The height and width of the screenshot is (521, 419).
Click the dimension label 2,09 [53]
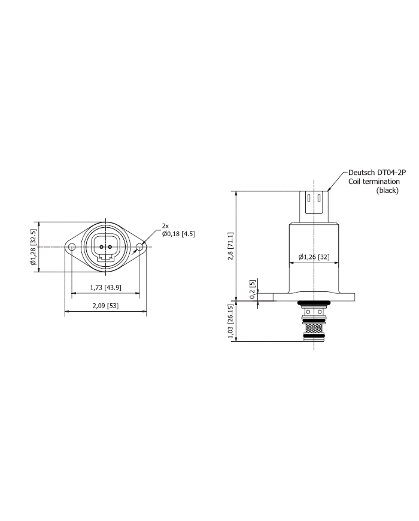coord(105,306)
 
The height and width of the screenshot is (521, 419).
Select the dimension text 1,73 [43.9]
coord(105,288)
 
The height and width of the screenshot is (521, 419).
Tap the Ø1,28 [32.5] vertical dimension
coord(32,247)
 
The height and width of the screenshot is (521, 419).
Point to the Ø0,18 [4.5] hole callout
coord(178,234)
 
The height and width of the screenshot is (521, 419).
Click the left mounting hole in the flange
coord(72,247)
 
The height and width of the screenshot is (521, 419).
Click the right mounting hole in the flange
coord(139,247)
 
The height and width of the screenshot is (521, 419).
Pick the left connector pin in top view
coord(102,247)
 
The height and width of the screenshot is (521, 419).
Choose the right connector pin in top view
coord(110,247)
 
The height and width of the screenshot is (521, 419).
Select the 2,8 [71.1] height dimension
coord(230,246)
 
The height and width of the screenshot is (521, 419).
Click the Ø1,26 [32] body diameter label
coord(314,257)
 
